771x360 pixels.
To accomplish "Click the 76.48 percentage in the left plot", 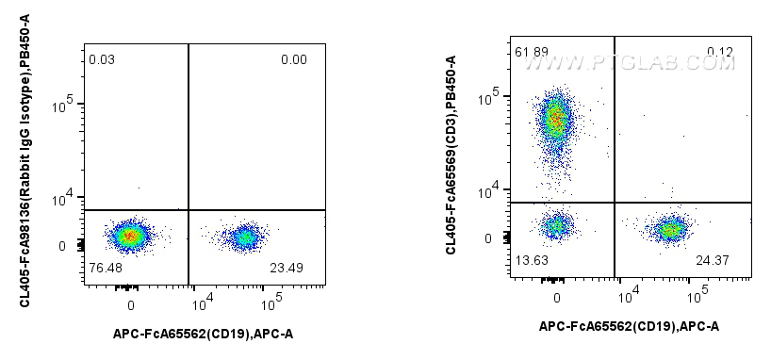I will click(x=105, y=268).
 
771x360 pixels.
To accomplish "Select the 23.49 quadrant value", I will click(x=301, y=268).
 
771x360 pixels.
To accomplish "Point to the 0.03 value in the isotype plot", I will click(x=102, y=61).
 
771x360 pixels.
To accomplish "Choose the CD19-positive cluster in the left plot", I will click(x=245, y=237).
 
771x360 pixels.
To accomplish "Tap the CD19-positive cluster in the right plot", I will click(x=670, y=229).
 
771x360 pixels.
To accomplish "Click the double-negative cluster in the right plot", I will click(x=557, y=226).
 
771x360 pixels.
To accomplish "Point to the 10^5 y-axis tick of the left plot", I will click(x=69, y=105).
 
